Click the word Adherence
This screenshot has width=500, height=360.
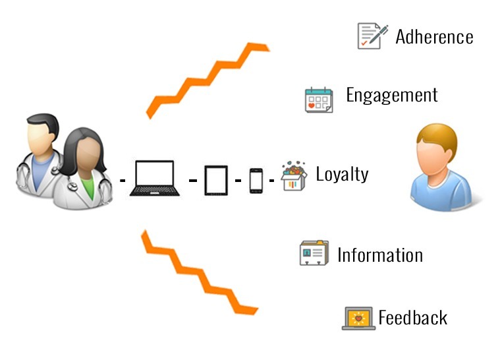point(434,36)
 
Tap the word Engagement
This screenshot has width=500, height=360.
point(391,95)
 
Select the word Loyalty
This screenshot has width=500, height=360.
point(342,175)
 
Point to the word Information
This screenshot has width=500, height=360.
point(380,255)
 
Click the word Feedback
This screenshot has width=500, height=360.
point(412,318)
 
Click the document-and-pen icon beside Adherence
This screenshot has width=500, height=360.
point(372,36)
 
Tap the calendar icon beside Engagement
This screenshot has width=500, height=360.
point(319,99)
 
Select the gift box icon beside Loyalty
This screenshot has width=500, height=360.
point(294,177)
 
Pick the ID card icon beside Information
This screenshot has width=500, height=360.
point(314,253)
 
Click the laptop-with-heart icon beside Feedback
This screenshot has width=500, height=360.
point(358,318)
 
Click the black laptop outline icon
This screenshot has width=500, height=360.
point(155,178)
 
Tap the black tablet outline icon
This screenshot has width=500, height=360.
point(216,179)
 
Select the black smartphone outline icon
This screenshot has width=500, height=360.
point(256,180)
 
